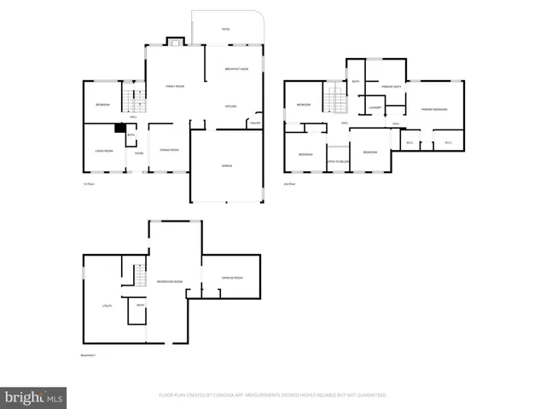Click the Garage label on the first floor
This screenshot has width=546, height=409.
point(227,165)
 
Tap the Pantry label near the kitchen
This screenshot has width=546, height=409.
point(254,124)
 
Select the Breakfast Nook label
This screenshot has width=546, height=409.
point(236,68)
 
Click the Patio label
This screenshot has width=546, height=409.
point(225,30)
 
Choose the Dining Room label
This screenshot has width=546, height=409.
point(169,150)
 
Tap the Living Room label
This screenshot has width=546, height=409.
point(104,150)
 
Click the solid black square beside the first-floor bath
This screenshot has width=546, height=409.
point(119,130)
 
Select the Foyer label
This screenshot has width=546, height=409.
point(138,154)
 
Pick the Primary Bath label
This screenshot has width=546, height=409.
point(392,86)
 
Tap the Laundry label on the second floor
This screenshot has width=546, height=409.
point(374,107)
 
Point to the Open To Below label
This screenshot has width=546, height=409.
point(339,161)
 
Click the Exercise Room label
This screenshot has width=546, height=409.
point(232,278)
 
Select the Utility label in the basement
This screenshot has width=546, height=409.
point(107,304)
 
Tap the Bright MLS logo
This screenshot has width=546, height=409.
point(34,397)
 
